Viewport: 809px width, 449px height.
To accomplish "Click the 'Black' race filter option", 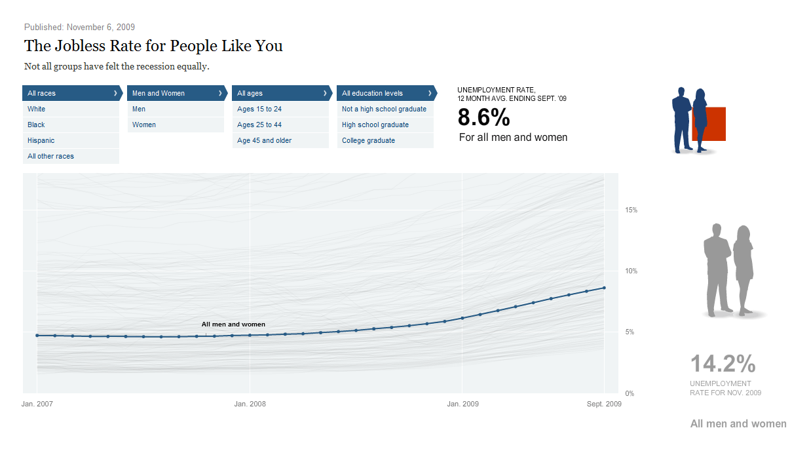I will tap(37, 125).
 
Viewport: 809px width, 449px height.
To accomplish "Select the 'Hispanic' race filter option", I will tap(41, 140).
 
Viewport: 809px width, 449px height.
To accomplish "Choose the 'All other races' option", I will tap(51, 156).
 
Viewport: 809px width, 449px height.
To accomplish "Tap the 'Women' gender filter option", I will tap(144, 125).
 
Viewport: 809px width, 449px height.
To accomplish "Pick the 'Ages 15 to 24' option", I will tap(259, 109).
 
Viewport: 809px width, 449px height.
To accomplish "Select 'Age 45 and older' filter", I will tap(265, 140).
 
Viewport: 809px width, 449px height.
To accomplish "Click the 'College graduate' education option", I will tap(369, 140).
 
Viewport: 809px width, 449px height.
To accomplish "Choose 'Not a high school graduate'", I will tap(384, 109).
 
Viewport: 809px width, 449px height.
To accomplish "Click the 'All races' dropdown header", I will tap(71, 93).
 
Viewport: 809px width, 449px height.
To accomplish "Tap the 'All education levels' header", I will tap(386, 93).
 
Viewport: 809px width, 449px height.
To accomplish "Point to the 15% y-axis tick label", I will tap(631, 210).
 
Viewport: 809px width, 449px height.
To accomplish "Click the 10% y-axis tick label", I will tap(631, 271).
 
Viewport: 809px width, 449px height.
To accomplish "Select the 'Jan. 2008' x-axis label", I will tap(250, 404).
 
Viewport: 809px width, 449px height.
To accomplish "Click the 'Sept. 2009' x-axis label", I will tap(603, 404).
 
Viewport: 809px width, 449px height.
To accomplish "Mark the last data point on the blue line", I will tap(604, 288).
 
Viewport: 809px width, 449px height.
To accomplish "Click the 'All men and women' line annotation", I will tap(233, 324).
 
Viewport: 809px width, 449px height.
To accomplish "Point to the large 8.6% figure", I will tap(483, 117).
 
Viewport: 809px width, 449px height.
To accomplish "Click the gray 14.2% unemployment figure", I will tap(723, 364).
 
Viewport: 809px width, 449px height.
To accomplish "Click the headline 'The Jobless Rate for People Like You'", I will tap(153, 46).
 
